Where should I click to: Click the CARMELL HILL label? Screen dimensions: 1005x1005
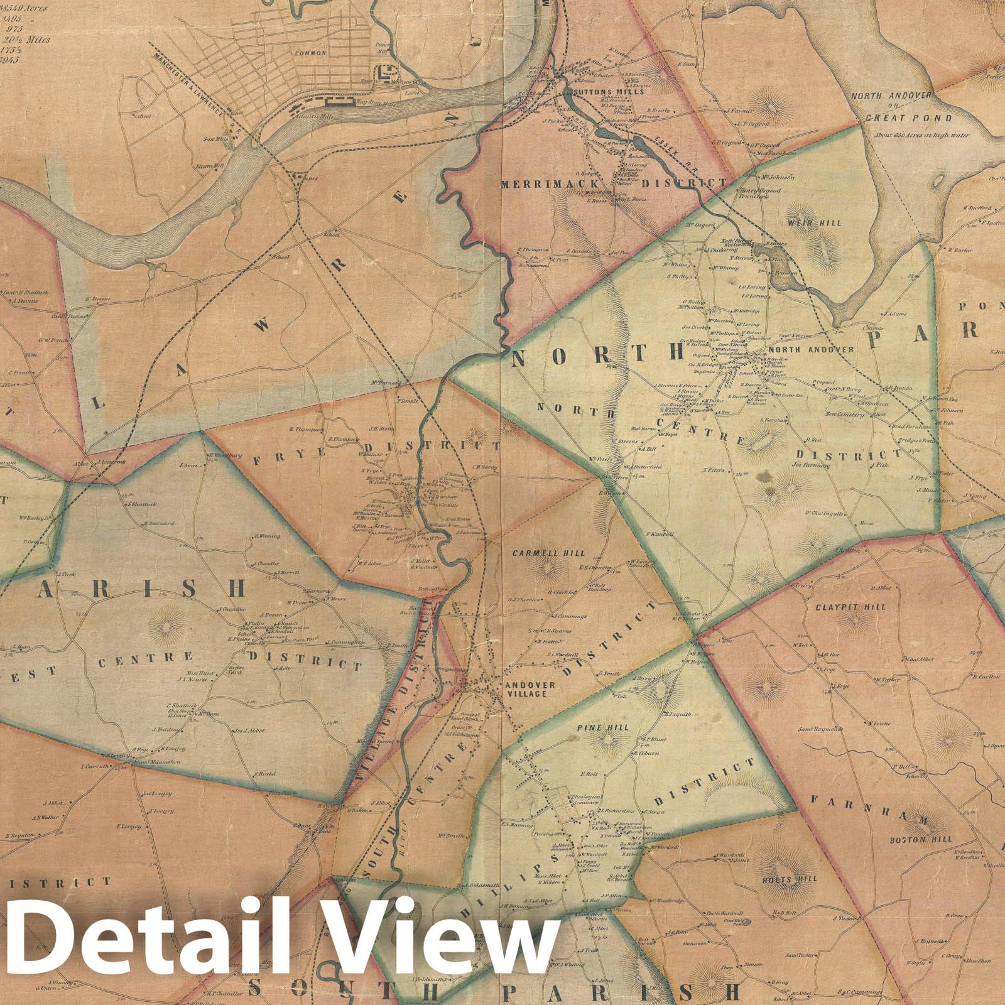(548, 554)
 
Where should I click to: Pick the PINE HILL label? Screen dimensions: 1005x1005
(598, 728)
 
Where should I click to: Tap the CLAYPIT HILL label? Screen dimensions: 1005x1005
(859, 607)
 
